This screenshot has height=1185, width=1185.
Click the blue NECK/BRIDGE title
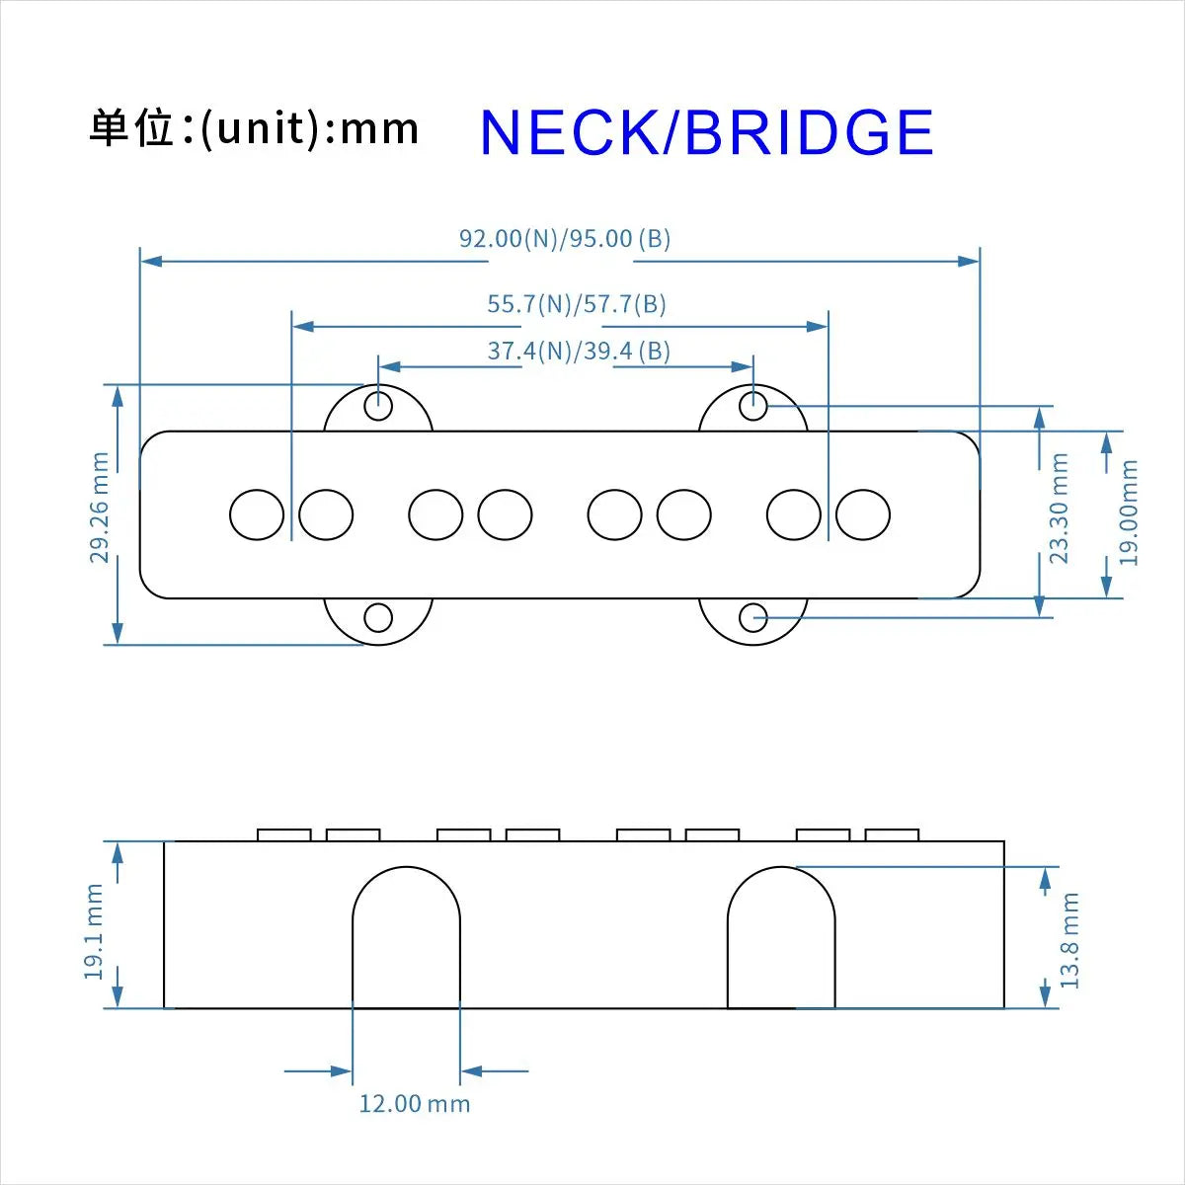(x=706, y=133)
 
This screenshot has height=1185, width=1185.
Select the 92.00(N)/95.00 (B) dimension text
(x=564, y=239)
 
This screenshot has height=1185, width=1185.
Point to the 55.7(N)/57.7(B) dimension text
(x=576, y=304)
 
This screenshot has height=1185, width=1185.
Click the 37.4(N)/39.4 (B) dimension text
(x=579, y=352)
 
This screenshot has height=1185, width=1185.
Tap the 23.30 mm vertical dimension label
(x=1060, y=509)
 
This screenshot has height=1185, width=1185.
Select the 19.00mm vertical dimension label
(x=1129, y=513)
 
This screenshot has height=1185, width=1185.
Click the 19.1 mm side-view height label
(x=94, y=932)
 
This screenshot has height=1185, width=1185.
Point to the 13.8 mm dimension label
(x=1069, y=940)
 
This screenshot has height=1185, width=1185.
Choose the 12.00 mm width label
(x=414, y=1103)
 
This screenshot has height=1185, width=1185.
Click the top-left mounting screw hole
(x=378, y=406)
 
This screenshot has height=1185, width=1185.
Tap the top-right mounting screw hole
(x=753, y=405)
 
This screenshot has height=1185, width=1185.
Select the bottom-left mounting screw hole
(x=378, y=618)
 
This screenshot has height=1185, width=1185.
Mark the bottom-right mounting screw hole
(x=753, y=618)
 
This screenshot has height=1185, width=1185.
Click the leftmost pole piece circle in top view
(x=257, y=514)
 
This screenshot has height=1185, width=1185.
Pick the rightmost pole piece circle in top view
(x=863, y=514)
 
